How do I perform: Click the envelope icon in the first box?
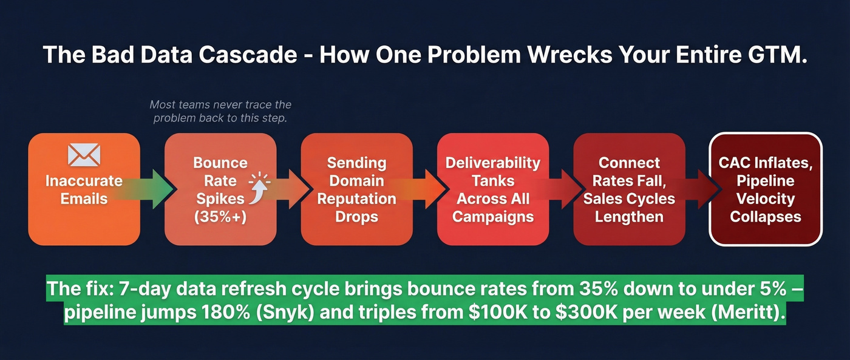pos(84,155)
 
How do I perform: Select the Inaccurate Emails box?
pos(84,189)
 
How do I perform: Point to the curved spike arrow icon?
pos(260,185)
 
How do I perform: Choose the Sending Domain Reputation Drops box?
pos(356,189)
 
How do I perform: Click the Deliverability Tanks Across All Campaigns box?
pos(492,189)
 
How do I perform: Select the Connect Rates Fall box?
pos(628,189)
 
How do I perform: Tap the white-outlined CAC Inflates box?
pos(765,189)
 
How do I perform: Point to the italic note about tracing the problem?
pos(220,111)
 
